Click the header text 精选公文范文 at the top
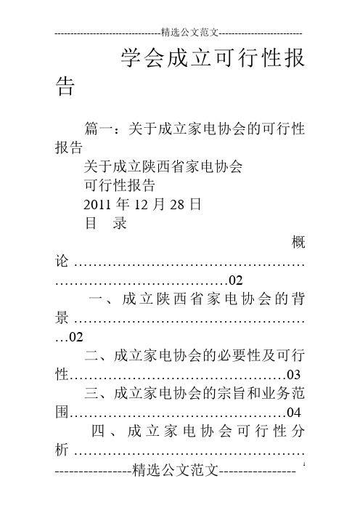click(189, 32)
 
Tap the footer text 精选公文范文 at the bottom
click(176, 470)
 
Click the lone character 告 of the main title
click(65, 86)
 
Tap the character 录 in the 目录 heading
click(120, 224)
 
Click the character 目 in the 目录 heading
click(91, 224)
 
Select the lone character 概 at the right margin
click(298, 243)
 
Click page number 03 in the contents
click(294, 375)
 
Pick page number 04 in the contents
click(294, 413)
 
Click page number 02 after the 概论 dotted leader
click(236, 280)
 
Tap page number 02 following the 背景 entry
click(77, 337)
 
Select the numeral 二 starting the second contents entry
click(91, 356)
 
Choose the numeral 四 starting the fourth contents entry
click(98, 432)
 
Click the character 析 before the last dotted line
click(62, 450)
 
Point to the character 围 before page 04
click(62, 413)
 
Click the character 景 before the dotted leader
click(62, 318)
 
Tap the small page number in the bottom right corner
click(304, 464)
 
